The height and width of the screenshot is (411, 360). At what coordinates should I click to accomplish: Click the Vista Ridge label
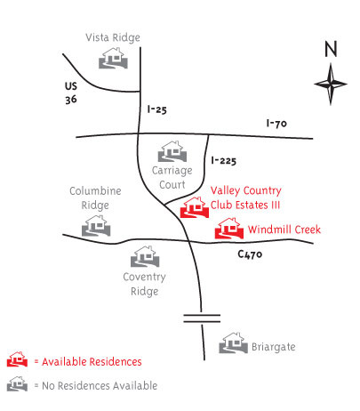click(113, 38)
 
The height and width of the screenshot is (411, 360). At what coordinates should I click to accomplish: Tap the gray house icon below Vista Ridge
click(113, 58)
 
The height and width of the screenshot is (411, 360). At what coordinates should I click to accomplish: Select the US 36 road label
click(71, 93)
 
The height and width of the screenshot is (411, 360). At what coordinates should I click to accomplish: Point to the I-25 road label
click(157, 109)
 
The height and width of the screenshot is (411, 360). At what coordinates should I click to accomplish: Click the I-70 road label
click(276, 123)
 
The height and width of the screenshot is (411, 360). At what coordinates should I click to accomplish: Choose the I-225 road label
click(224, 161)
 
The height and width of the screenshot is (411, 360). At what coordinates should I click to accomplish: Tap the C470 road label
click(250, 254)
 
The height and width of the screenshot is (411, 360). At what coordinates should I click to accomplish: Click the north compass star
click(331, 84)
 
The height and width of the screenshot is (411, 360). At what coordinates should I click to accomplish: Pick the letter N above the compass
click(331, 49)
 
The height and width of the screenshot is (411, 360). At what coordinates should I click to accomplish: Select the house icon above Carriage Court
click(172, 151)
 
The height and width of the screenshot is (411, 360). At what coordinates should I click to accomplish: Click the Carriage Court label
click(172, 178)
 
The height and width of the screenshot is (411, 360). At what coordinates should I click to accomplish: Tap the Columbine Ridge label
click(95, 198)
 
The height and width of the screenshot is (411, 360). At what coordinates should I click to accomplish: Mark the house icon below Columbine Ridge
click(96, 226)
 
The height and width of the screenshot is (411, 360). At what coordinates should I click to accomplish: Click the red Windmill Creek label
click(284, 230)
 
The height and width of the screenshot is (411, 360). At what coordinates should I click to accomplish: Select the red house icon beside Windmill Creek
click(229, 229)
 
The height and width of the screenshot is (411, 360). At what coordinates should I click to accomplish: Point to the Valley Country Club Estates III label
click(245, 197)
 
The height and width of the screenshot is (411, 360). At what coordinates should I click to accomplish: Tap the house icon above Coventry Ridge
click(145, 256)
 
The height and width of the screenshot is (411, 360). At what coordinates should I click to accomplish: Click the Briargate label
click(274, 347)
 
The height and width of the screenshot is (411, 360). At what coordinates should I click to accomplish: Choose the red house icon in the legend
click(17, 359)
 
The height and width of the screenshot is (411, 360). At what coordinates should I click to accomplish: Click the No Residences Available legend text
click(100, 386)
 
